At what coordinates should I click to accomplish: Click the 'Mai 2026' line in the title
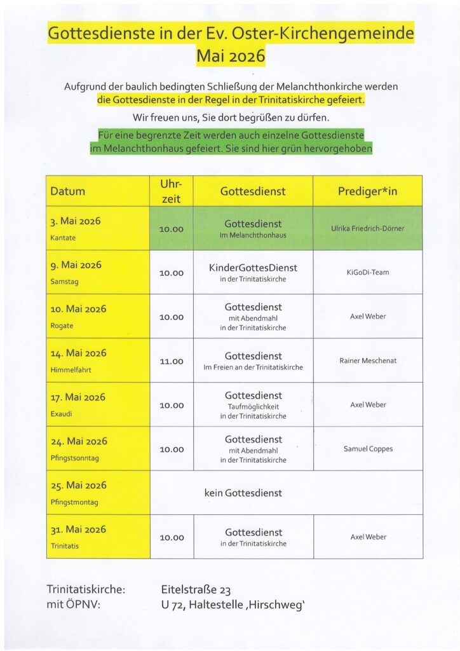(x=231, y=56)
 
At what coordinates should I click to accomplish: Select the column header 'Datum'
(x=68, y=191)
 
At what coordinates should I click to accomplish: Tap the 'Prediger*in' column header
(x=367, y=191)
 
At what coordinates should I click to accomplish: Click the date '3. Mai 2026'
(x=76, y=221)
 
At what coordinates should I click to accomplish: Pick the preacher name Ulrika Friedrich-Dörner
(x=367, y=228)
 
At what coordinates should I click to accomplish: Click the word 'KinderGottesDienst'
(x=253, y=268)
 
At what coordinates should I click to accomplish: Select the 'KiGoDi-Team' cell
(x=368, y=272)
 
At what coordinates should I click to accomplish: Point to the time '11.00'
(x=172, y=361)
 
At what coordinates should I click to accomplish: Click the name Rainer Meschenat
(x=368, y=360)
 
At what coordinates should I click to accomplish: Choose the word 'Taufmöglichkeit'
(x=253, y=406)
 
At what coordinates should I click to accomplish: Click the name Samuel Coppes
(x=368, y=449)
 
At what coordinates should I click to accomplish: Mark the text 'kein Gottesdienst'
(x=243, y=493)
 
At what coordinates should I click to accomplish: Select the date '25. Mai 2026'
(x=78, y=485)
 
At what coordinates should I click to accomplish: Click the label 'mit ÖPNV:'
(x=74, y=604)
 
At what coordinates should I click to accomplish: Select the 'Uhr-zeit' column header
(x=172, y=191)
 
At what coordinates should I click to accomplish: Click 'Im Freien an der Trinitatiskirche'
(x=253, y=367)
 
